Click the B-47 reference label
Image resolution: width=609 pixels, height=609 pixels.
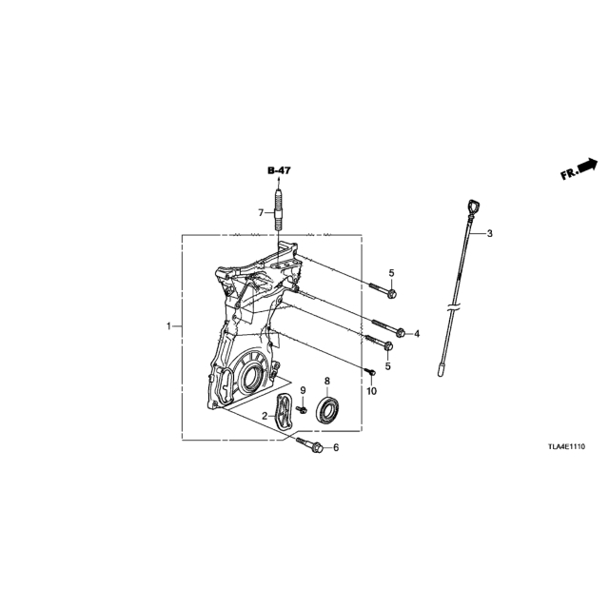[279, 170]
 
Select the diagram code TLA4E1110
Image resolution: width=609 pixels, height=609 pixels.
[567, 446]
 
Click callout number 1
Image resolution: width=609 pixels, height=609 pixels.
[168, 326]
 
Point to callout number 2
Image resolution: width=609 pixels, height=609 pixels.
[265, 416]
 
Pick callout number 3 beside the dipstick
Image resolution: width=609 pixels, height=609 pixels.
[490, 233]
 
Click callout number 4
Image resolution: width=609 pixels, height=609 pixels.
[417, 333]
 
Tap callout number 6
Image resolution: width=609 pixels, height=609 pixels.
[336, 448]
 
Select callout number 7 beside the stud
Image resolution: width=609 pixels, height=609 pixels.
[261, 212]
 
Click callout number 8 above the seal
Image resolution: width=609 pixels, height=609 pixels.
[327, 381]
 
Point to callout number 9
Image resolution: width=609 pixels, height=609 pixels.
[303, 389]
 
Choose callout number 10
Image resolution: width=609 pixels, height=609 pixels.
[372, 391]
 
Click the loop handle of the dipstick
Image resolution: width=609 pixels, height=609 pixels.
[473, 206]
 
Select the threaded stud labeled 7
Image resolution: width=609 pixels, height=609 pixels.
[278, 209]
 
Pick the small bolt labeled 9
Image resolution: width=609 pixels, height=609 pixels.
[302, 409]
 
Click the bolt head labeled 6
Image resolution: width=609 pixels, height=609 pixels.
[317, 448]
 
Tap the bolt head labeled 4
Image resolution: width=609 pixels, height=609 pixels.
[402, 332]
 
